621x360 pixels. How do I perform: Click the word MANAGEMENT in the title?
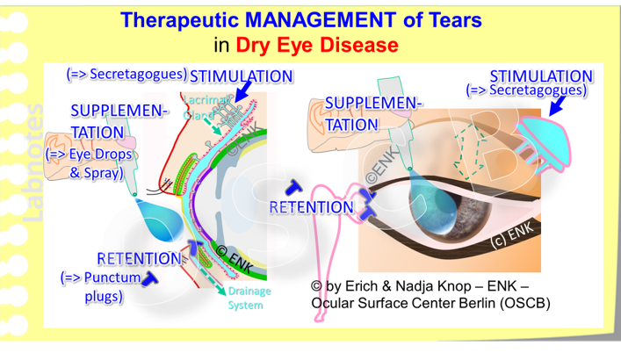314,19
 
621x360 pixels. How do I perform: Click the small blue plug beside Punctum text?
152,277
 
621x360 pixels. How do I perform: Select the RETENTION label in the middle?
311,208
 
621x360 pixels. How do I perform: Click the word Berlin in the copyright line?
487,303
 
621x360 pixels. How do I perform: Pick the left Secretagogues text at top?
126,74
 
